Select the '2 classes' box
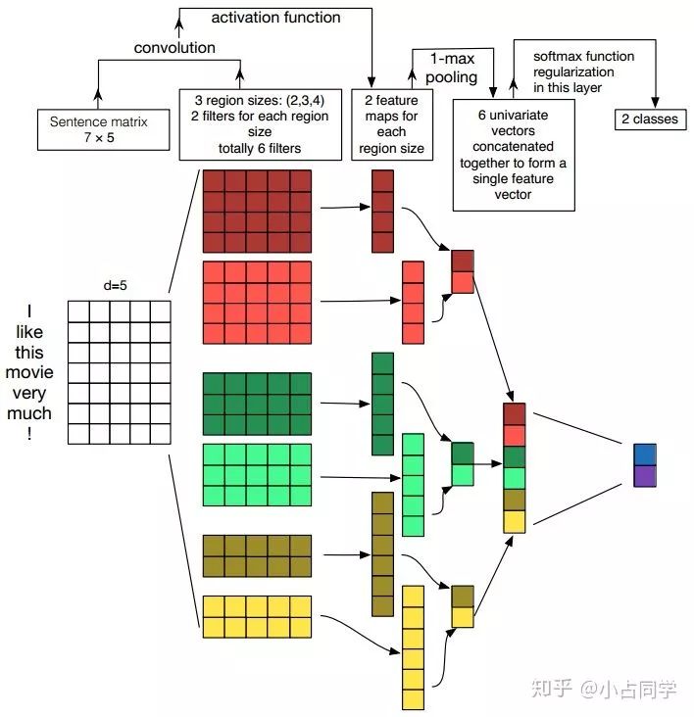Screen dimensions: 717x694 point(649,120)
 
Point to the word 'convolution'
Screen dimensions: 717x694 point(174,47)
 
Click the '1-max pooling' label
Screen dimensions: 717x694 point(452,68)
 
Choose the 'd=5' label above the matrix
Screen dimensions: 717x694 point(117,286)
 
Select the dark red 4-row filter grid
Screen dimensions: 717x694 point(257,211)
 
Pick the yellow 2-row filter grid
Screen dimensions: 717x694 point(257,616)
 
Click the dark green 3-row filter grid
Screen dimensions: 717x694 point(257,404)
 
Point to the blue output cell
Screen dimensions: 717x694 point(644,454)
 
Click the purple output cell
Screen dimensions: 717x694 point(644,476)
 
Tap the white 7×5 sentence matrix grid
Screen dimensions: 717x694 point(119,371)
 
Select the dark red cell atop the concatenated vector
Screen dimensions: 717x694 point(515,413)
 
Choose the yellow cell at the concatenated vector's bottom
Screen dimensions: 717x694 point(515,521)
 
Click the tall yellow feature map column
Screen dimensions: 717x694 point(413,646)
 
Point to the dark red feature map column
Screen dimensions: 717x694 point(382,212)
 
